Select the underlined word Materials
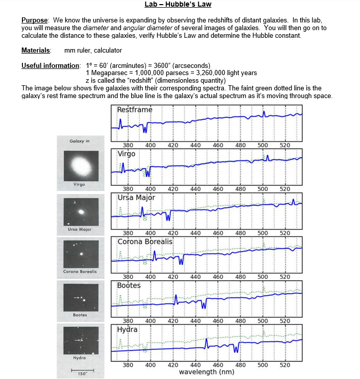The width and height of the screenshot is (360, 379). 36,50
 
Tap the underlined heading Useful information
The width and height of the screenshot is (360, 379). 51,66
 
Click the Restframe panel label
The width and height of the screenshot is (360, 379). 134,110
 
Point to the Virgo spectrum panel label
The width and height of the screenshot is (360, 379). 127,154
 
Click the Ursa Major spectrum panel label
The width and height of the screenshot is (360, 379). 136,198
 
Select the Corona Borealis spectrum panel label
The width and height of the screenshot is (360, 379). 145,241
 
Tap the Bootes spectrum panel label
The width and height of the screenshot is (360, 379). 129,285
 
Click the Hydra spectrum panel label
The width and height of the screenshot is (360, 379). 127,329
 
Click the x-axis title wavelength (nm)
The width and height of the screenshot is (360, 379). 206,372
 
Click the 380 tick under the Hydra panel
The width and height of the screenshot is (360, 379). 128,365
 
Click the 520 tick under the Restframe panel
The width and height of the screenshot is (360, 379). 285,146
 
